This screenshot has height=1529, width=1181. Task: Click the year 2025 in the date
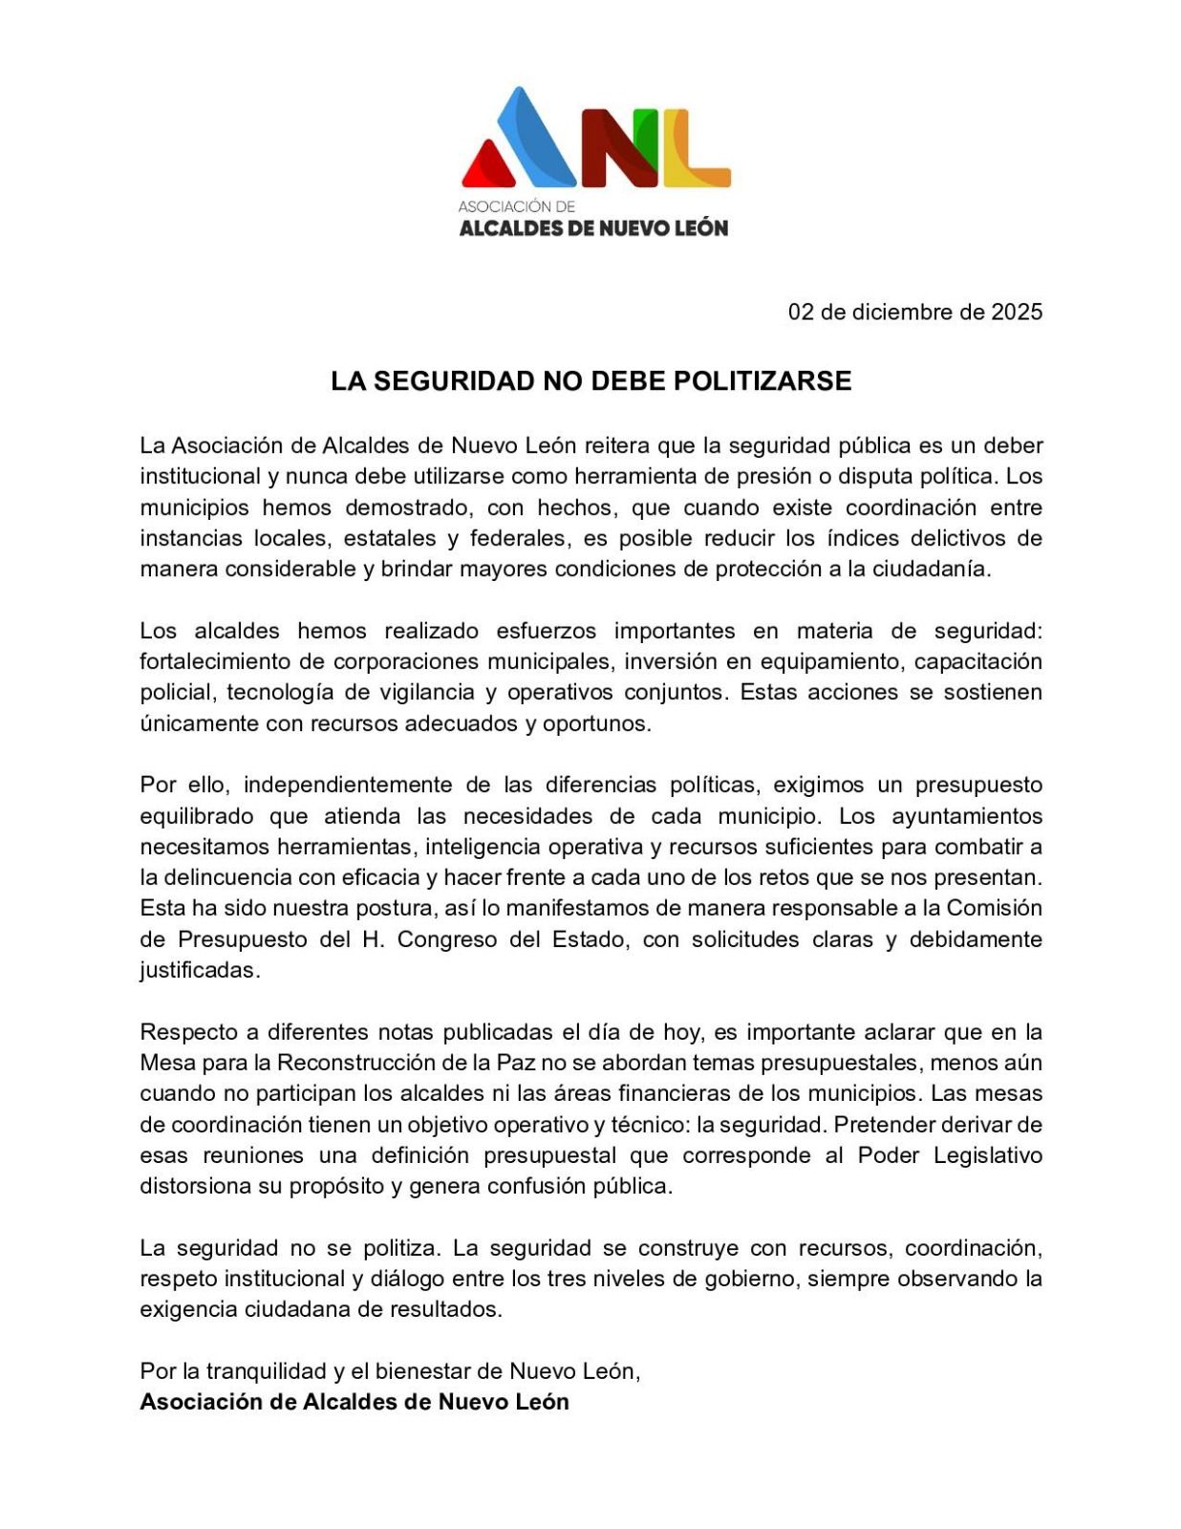(x=1016, y=312)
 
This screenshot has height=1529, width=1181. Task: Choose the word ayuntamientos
(x=966, y=816)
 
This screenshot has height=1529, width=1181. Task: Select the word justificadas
(x=199, y=970)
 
